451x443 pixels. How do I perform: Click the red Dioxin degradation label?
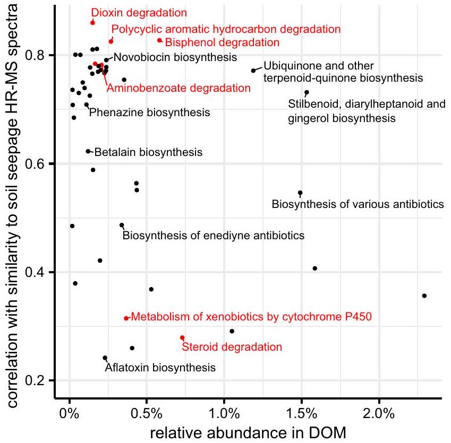pyautogui.click(x=139, y=12)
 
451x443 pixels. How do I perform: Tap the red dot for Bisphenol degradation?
pyautogui.click(x=159, y=40)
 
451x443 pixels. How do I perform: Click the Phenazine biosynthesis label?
pyautogui.click(x=149, y=112)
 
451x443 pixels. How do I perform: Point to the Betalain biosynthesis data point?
pyautogui.click(x=88, y=151)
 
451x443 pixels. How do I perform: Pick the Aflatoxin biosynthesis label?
pyautogui.click(x=160, y=367)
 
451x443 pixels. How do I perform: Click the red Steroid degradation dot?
pyautogui.click(x=182, y=337)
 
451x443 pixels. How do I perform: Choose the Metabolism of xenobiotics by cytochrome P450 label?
pyautogui.click(x=251, y=317)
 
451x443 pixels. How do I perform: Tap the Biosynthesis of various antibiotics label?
pyautogui.click(x=357, y=204)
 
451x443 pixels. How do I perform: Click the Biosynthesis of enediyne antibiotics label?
pyautogui.click(x=214, y=235)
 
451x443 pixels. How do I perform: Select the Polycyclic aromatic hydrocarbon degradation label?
pyautogui.click(x=226, y=29)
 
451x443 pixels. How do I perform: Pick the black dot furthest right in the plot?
pyautogui.click(x=424, y=296)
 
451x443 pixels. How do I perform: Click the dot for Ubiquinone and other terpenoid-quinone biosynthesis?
pyautogui.click(x=253, y=71)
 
